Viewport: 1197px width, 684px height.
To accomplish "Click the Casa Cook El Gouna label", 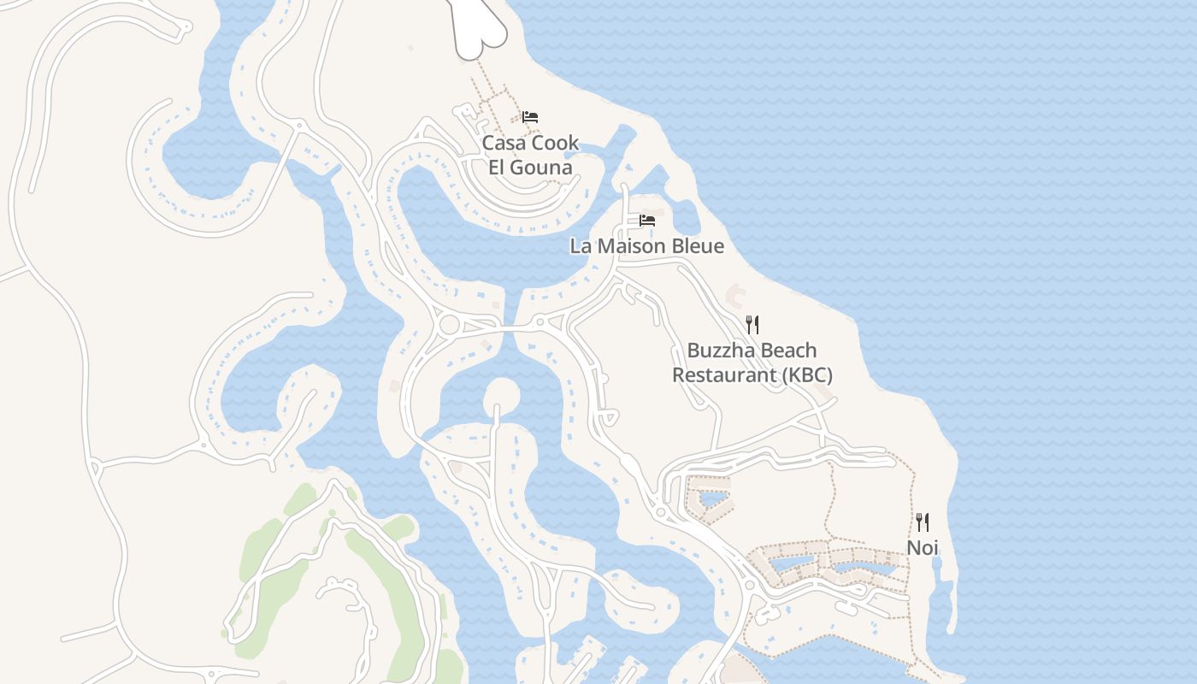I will pos(530,155).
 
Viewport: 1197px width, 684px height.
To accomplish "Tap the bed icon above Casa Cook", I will pos(530,117).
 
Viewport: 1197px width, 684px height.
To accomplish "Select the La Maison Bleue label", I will pos(646,246).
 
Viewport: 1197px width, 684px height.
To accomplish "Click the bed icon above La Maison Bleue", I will pos(647,221).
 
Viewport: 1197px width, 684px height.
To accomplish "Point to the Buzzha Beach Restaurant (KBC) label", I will pos(752,363).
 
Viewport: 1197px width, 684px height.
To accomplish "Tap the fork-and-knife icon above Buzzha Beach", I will pos(752,324).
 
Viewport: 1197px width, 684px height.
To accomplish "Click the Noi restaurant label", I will pos(922,547).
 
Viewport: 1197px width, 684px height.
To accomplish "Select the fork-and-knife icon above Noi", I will pos(923,522).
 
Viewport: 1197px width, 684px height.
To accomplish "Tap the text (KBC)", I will pos(801,375).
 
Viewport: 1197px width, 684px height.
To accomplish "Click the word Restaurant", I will pos(717,375).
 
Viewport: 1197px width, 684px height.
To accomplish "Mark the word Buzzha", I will pos(716,351).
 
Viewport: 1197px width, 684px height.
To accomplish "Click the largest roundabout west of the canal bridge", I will pos(449,325).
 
